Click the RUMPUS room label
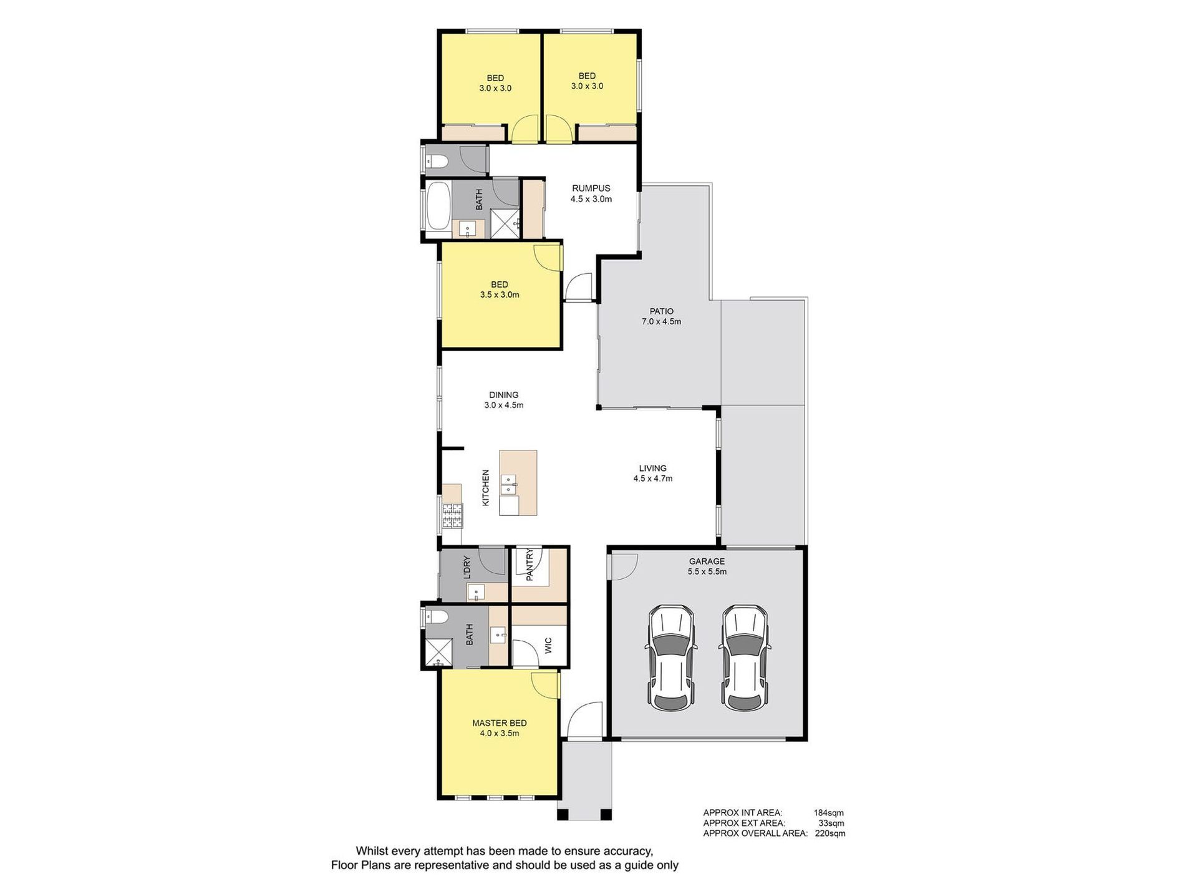tap(591, 188)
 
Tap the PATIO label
tap(661, 311)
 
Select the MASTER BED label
tap(499, 723)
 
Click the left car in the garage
tap(670, 658)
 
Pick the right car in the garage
tap(745, 658)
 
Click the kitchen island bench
tap(518, 483)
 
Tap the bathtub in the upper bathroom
tap(437, 206)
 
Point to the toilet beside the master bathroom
tap(437, 618)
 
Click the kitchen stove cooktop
tap(453, 515)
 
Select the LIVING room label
tap(652, 469)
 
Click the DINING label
tap(503, 395)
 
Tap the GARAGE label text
tap(707, 561)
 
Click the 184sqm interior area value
tap(828, 813)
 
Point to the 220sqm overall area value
tap(830, 833)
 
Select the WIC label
tap(548, 645)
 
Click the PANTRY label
tap(530, 565)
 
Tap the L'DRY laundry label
tap(467, 568)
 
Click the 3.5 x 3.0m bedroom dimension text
tap(500, 295)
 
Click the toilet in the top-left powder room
tap(437, 162)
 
